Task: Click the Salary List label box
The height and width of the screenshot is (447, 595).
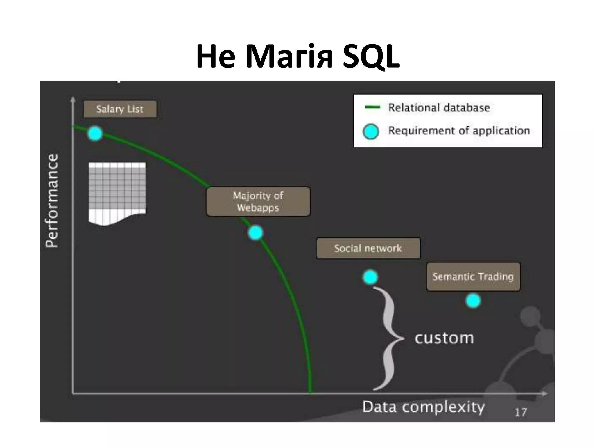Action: pos(120,109)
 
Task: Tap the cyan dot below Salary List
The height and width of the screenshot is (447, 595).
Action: pos(95,134)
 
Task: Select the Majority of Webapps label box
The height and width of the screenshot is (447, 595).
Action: pos(258,201)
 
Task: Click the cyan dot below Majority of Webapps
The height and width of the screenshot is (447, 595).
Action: pos(256,233)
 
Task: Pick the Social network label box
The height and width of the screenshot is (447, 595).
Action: pos(368,248)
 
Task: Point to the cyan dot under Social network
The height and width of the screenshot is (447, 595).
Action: pos(370,277)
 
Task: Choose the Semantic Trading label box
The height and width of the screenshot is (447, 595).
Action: pos(473,276)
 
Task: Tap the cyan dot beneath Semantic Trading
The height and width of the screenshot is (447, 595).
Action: pos(473,301)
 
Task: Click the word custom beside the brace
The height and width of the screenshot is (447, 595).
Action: pos(444,338)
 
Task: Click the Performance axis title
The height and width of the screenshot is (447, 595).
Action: pos(52,201)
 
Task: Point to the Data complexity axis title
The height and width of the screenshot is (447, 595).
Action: pos(423,407)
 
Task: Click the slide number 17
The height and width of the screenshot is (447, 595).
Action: pos(521,412)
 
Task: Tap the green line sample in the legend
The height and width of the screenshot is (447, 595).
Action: pos(372,107)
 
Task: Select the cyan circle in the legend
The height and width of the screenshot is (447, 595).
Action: pos(371,131)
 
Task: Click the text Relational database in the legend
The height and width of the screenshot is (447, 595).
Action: pos(439,108)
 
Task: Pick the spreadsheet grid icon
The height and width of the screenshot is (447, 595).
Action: pos(117,192)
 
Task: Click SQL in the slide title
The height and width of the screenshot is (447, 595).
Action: pos(371,56)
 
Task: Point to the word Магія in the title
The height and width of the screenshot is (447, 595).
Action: pos(289,56)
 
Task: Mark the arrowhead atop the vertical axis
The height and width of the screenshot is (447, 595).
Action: pos(73,100)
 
